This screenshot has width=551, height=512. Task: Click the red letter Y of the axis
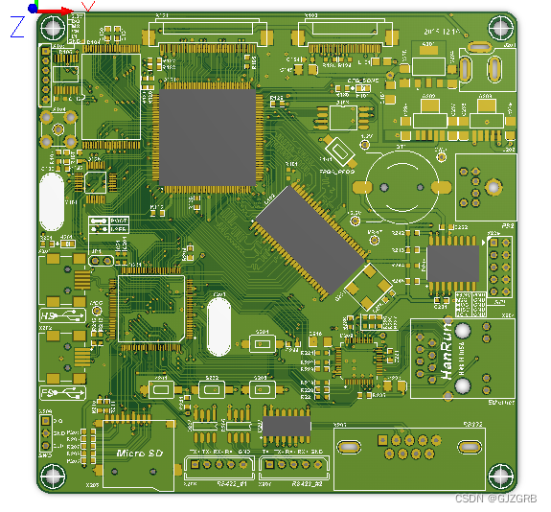click(x=87, y=8)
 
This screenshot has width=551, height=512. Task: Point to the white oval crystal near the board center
click(x=219, y=325)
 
